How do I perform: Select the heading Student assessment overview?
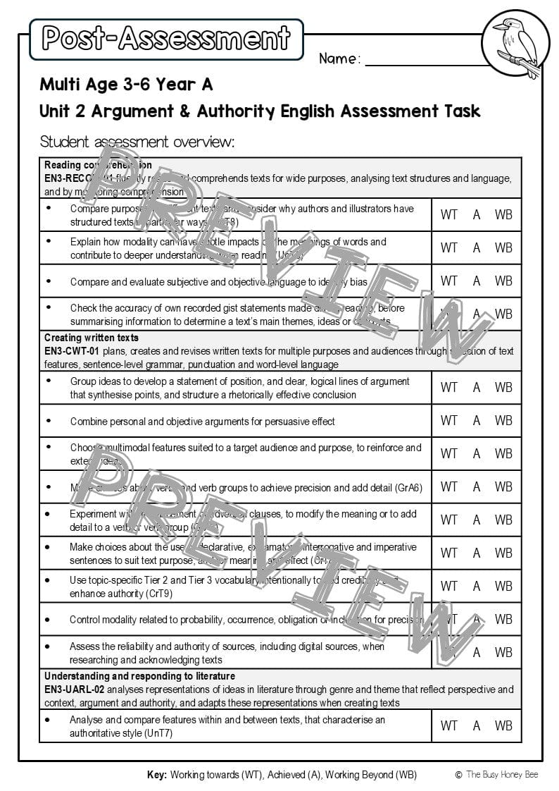(137, 142)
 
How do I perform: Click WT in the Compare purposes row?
(448, 214)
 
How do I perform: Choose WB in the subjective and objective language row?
(503, 281)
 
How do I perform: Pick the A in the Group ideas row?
(477, 387)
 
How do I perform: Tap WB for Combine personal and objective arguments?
(503, 420)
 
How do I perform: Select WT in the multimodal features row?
(448, 453)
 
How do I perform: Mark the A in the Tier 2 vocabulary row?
(477, 586)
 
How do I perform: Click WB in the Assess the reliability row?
(503, 652)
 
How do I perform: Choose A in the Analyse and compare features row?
(477, 725)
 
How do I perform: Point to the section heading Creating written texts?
(92, 338)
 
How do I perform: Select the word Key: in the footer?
(157, 774)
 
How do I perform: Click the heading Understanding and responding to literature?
(139, 676)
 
